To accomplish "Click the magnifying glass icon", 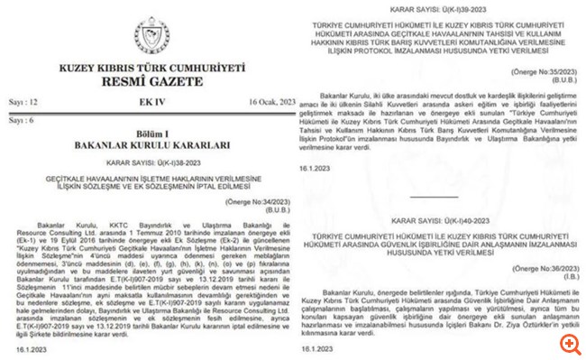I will (568, 344).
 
